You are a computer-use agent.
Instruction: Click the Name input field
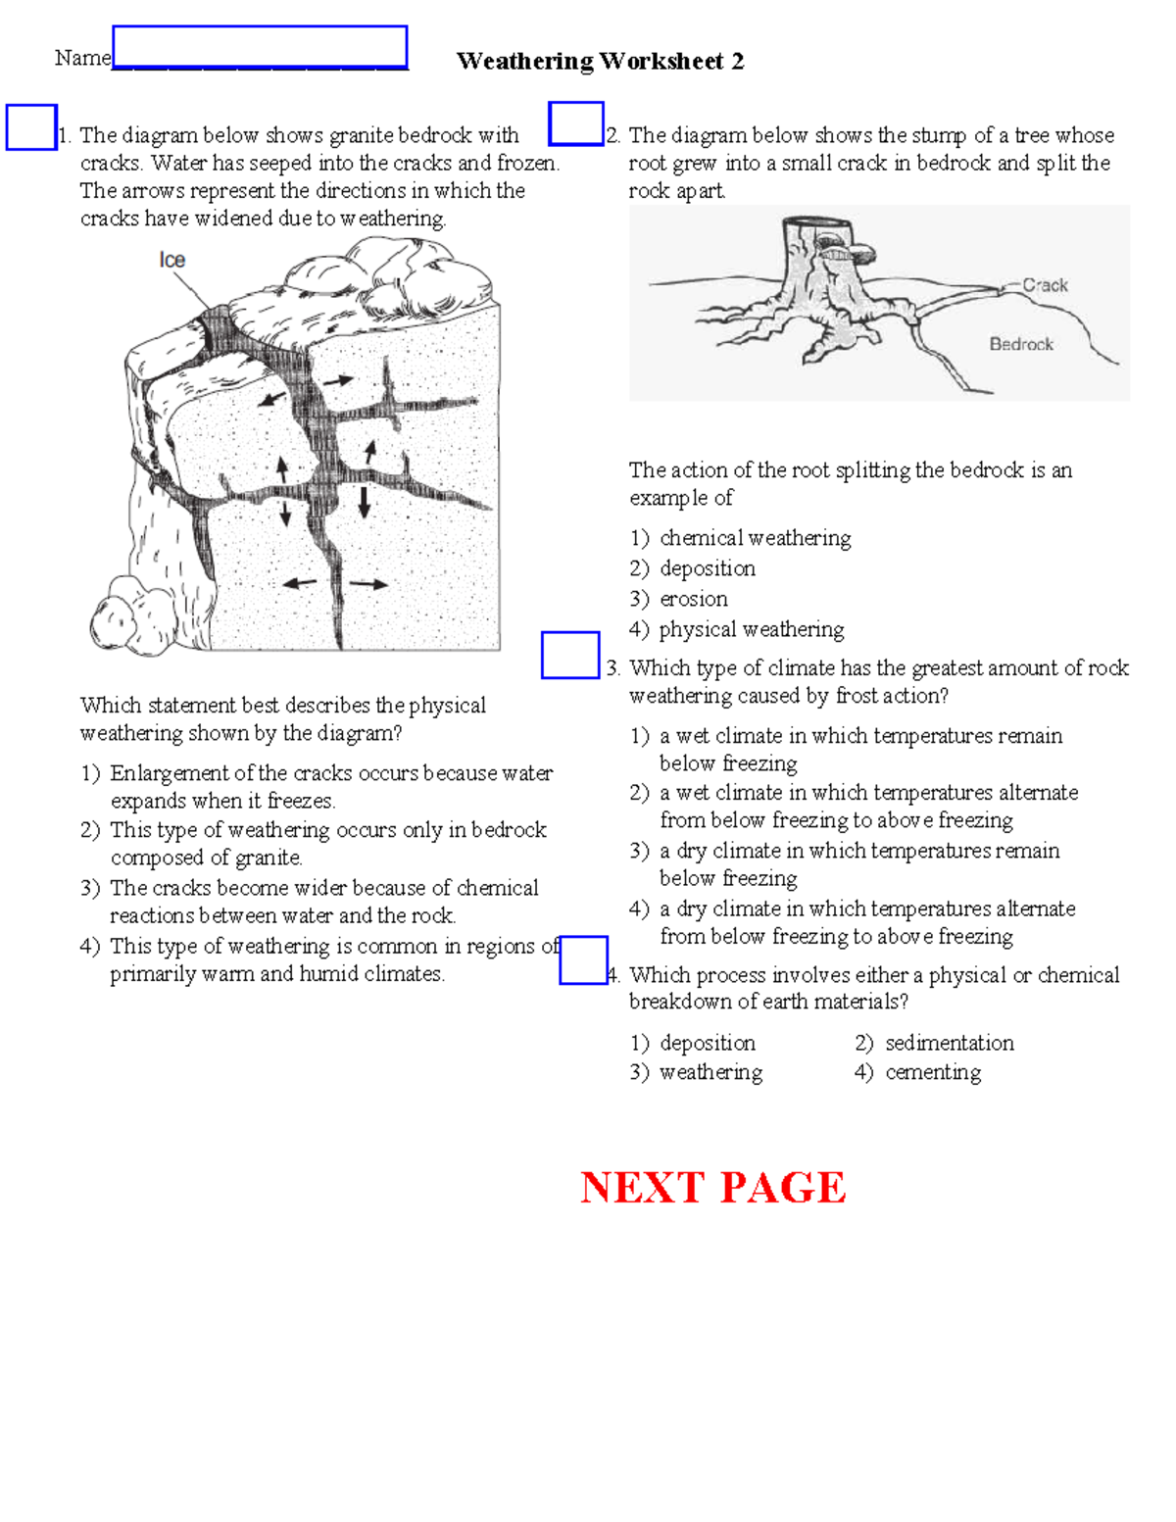(x=260, y=47)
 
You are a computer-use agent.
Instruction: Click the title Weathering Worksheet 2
(x=600, y=61)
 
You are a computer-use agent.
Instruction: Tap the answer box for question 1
(x=31, y=127)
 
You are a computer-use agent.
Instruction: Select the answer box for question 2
(x=576, y=123)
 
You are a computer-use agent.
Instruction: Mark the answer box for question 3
(x=570, y=655)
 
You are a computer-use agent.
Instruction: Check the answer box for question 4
(x=583, y=959)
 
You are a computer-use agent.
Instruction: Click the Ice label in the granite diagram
(x=172, y=260)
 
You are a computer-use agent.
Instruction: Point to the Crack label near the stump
(x=1045, y=285)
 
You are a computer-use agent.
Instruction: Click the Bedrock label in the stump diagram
(x=1021, y=344)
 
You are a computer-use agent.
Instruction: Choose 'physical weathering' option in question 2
(x=751, y=629)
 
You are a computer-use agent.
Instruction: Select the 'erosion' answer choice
(x=693, y=599)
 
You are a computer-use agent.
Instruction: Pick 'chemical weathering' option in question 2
(x=755, y=538)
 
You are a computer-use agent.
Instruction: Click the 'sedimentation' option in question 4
(x=949, y=1043)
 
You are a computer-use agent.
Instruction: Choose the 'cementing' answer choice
(x=933, y=1072)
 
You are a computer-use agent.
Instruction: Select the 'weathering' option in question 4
(x=710, y=1072)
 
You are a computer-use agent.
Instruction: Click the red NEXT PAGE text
(x=713, y=1188)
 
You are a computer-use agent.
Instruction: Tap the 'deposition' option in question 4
(x=707, y=1043)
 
